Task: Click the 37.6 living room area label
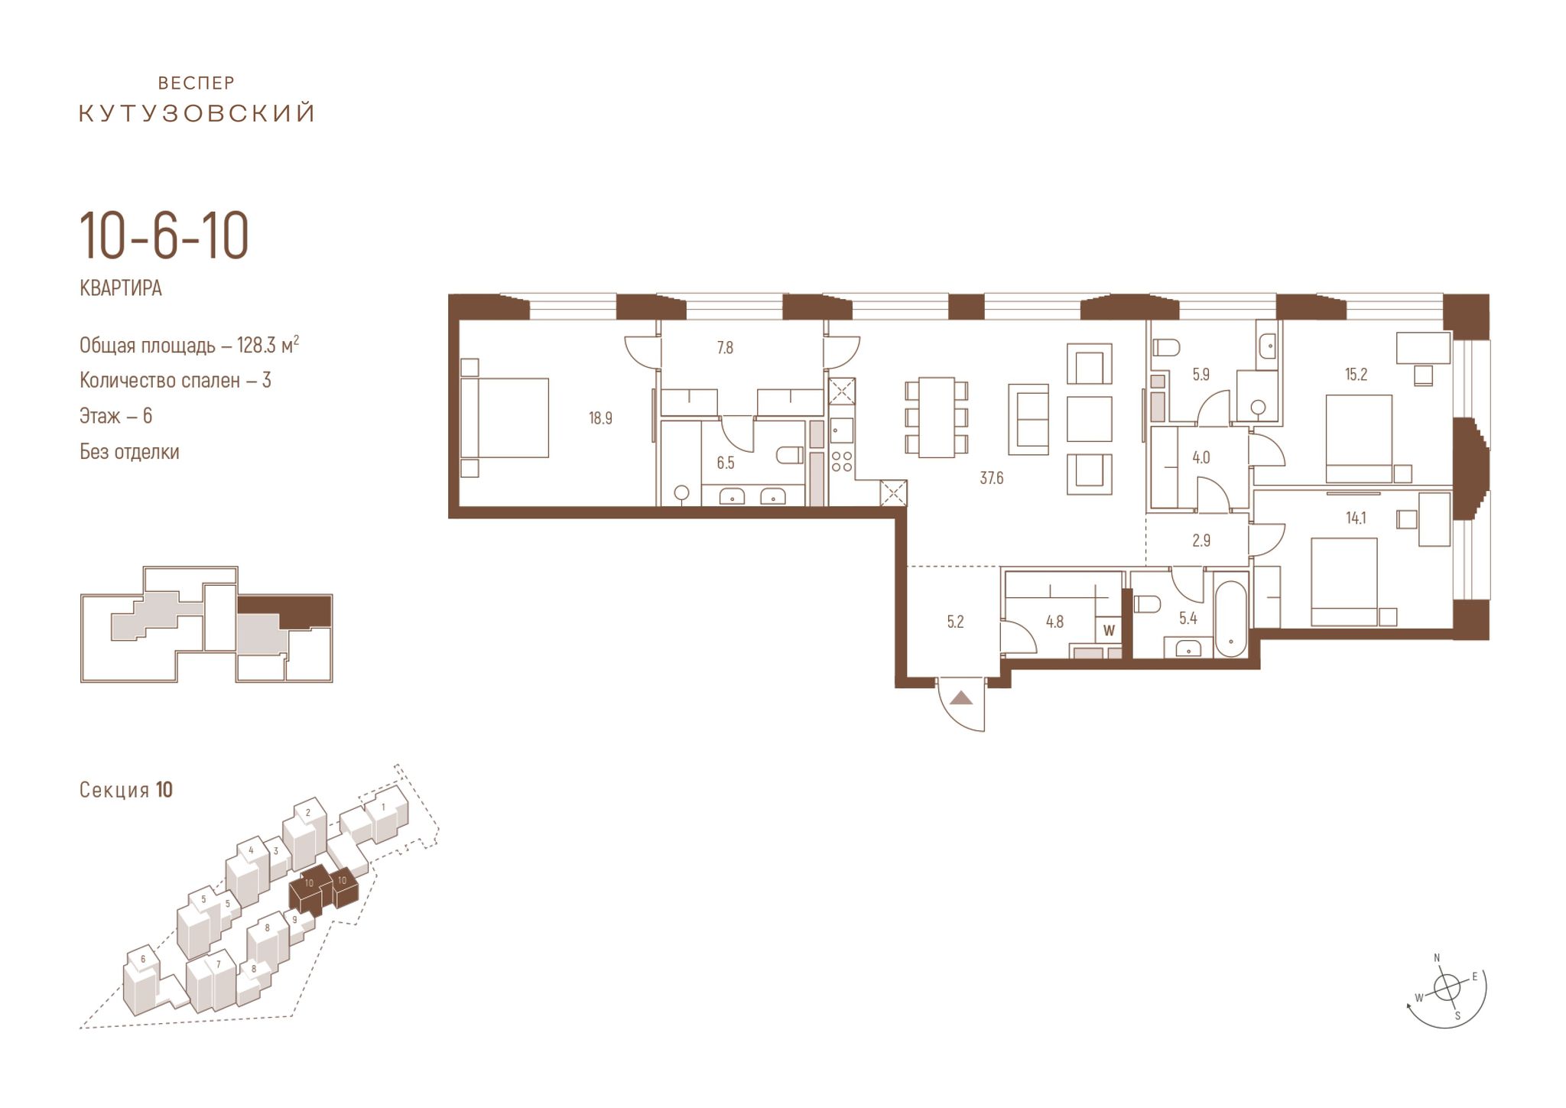point(991,479)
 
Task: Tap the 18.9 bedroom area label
point(600,418)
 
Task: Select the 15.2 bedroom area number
point(1356,375)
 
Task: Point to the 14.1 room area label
point(1356,518)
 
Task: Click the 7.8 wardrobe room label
point(725,348)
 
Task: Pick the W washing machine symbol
point(1109,631)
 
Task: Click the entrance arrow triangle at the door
point(961,698)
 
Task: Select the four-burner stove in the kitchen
point(842,461)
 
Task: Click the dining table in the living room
point(936,418)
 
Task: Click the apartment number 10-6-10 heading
point(164,237)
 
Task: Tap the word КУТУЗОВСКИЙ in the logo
point(197,114)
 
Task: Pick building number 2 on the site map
point(307,813)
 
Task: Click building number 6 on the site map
point(143,959)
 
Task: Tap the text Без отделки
point(129,452)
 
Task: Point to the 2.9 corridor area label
point(1201,541)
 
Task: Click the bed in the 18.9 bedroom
point(505,418)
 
